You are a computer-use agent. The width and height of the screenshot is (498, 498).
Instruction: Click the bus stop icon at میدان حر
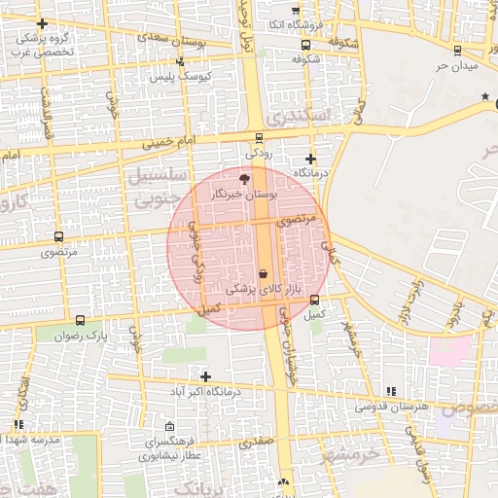[457, 51]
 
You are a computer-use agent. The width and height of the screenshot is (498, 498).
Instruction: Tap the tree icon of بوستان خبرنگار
[243, 179]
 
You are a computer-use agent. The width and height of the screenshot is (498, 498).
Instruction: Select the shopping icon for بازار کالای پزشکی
[264, 274]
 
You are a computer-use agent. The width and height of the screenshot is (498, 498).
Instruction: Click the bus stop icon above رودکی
[258, 138]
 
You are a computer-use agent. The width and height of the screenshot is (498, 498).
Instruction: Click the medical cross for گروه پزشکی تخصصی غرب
[41, 23]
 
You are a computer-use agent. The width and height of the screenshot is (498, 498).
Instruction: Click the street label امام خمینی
[169, 142]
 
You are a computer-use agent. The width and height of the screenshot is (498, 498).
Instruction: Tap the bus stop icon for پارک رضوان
[80, 320]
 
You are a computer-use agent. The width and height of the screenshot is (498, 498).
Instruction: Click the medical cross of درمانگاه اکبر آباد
[204, 376]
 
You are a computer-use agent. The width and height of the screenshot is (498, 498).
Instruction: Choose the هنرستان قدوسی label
[391, 406]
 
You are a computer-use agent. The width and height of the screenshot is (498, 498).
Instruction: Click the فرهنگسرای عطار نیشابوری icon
[170, 426]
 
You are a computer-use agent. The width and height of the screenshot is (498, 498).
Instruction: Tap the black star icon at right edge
[484, 96]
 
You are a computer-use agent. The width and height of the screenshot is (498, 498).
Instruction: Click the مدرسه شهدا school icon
[18, 424]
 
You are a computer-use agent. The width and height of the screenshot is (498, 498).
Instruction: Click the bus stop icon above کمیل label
[314, 300]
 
